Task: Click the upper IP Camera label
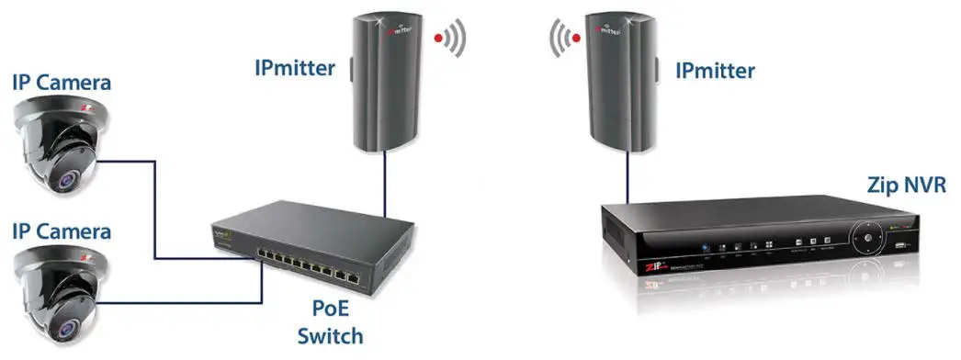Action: point(62,83)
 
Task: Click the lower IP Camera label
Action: point(62,229)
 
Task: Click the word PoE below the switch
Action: point(331,308)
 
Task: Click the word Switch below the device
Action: point(331,336)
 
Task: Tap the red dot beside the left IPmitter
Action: point(440,39)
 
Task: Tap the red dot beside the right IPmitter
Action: point(575,39)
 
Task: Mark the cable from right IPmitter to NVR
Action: point(628,174)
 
